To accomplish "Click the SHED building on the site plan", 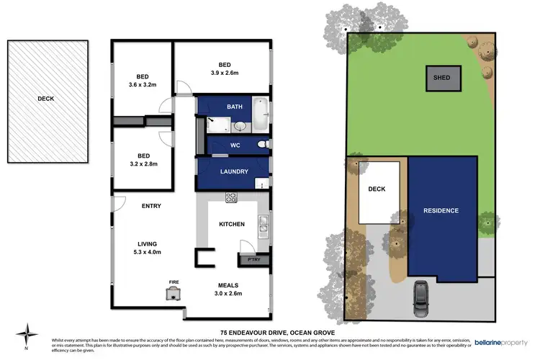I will [441, 78].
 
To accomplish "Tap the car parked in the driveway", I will [419, 293].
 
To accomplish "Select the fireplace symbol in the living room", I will [174, 292].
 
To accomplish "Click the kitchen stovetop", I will [232, 197].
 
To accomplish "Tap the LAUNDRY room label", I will [234, 171].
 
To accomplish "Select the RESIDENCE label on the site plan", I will [441, 210].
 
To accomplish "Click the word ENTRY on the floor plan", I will [151, 206].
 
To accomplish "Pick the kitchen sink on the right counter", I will [264, 230].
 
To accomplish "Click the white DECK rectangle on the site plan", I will [379, 193].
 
